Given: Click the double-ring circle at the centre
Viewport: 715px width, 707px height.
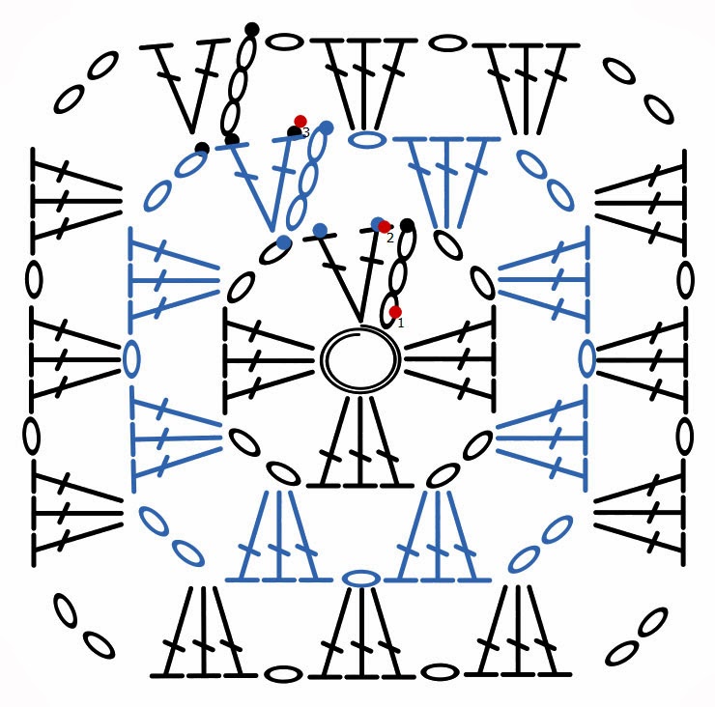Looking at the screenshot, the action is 359,359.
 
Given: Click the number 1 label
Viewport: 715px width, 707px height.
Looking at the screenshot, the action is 401,324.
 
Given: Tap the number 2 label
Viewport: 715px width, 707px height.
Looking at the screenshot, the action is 390,239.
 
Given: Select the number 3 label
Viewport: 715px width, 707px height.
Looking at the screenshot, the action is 305,133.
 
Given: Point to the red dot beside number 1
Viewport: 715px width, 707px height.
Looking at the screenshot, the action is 395,312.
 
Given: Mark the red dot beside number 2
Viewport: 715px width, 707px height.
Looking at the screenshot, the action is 385,227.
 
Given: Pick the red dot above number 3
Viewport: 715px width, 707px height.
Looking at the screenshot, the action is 300,122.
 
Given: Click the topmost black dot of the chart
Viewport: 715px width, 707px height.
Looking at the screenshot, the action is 252,29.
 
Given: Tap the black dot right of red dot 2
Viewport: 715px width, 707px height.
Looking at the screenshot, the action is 407,225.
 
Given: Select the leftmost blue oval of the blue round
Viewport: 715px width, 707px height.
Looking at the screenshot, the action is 131,358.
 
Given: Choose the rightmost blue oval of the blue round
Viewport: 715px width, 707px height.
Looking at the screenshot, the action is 586,358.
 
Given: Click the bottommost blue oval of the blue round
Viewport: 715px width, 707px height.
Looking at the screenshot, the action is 360,579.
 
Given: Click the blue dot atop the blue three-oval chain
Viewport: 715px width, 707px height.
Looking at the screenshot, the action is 327,127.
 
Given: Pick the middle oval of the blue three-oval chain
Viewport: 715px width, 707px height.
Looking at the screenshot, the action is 308,178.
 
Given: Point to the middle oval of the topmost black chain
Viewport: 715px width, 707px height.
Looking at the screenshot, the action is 238,85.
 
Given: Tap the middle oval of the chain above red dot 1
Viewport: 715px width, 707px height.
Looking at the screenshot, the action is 398,276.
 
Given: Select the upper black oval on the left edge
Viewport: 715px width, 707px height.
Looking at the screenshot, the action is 34,280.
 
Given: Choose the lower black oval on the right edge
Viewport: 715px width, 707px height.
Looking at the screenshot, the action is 684,437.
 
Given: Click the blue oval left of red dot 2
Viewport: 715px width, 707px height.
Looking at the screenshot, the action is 377,224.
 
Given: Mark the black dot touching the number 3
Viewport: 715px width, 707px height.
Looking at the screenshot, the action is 294,132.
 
